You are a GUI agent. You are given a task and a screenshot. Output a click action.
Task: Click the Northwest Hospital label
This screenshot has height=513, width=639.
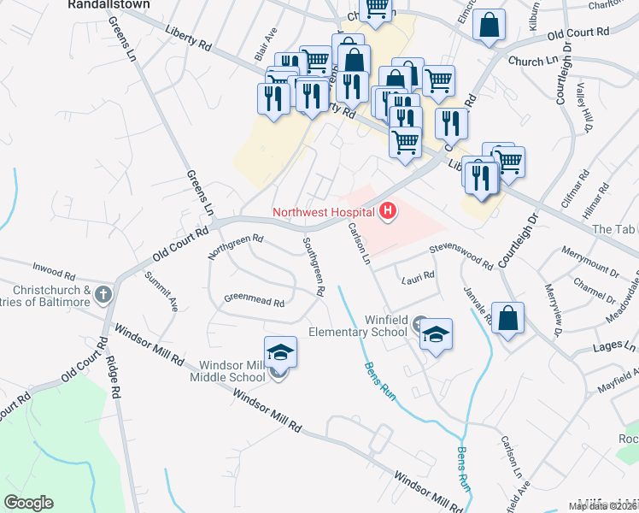point(324,212)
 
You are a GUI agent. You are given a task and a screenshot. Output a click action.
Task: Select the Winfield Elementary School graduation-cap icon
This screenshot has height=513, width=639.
point(436,334)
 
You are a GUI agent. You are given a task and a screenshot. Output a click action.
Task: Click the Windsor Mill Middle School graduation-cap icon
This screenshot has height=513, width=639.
point(280,352)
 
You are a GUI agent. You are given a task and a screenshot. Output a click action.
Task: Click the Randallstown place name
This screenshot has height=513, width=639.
point(108,4)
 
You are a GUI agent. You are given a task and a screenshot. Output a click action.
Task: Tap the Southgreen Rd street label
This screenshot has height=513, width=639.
point(312,267)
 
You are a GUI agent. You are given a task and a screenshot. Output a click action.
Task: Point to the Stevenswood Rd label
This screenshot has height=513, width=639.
point(461,255)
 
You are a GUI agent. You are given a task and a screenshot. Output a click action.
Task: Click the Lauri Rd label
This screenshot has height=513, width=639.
point(419,276)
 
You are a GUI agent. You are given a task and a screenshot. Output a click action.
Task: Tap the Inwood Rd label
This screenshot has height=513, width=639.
point(56,273)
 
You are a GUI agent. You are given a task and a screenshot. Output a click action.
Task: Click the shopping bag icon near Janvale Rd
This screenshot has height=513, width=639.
point(507,320)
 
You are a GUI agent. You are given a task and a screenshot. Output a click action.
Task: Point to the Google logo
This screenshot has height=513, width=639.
point(28,503)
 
